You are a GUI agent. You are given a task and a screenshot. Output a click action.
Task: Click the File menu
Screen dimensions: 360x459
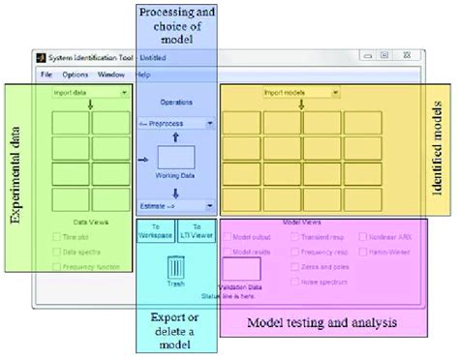[46, 75]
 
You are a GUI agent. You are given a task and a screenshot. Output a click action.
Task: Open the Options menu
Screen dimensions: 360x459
[75, 75]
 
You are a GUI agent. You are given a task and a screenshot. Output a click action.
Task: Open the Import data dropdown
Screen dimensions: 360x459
[90, 94]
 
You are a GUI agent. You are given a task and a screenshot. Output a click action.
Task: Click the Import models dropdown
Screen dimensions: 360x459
[300, 93]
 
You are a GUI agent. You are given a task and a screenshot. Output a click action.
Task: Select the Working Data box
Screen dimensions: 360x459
[176, 159]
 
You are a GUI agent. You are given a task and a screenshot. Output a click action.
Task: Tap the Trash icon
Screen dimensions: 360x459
[175, 265]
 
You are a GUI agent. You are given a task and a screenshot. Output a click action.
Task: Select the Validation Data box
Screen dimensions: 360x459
[241, 270]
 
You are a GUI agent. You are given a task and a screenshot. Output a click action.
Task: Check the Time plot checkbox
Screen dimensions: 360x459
[56, 235]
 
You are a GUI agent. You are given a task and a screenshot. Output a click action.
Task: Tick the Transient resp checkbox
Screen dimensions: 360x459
[296, 235]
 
